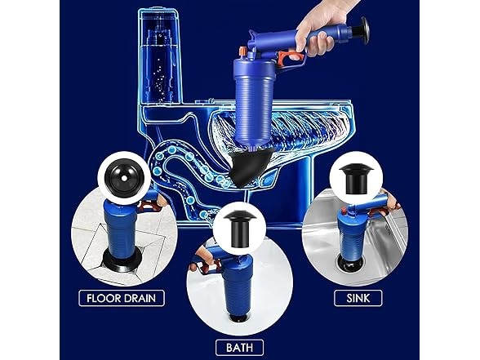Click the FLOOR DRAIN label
122,298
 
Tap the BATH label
239,347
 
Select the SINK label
358,298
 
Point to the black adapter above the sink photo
358,179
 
